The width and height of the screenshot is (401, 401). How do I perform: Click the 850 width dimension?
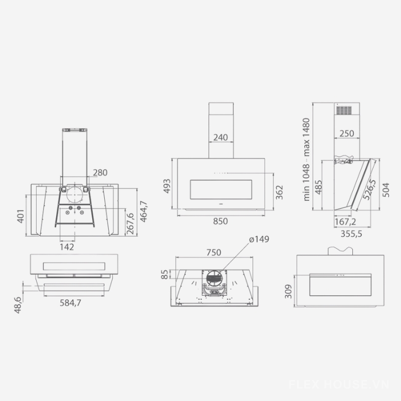[x=220, y=221]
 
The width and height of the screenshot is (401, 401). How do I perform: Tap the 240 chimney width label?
[x=221, y=137]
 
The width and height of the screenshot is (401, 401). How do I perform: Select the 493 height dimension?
[x=166, y=186]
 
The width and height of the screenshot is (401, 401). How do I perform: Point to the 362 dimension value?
[x=279, y=192]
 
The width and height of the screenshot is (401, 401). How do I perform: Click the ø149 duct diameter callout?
[x=259, y=239]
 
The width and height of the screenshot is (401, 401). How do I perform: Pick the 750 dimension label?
[x=214, y=253]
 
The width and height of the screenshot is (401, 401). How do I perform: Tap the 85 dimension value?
[x=165, y=274]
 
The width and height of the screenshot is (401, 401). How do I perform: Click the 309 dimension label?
[x=288, y=291]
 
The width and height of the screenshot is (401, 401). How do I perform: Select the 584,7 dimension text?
[x=70, y=303]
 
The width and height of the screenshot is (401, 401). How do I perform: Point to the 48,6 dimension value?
[x=18, y=305]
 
